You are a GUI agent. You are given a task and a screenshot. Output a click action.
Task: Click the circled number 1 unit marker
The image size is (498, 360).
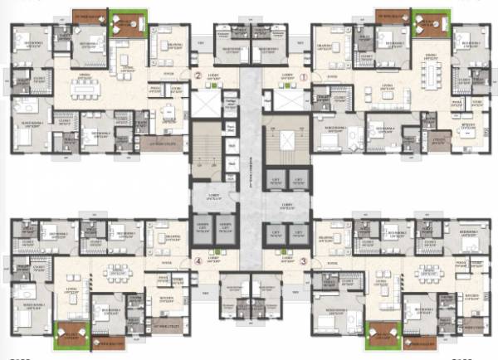pos(304,78)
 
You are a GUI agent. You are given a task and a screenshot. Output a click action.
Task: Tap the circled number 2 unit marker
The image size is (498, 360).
pos(198,78)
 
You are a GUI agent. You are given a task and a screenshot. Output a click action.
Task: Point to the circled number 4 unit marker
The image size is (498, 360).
pos(198,262)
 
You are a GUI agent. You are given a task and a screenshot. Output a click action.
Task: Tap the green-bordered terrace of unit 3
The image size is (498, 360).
pos(379,333)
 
